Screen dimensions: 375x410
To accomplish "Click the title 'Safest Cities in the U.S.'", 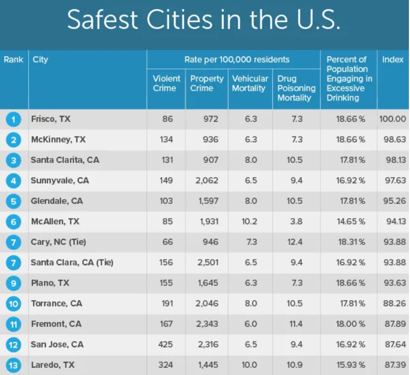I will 204,20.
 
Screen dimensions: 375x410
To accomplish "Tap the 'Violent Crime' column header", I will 166,83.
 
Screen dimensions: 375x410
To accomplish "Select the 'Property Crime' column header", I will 207,83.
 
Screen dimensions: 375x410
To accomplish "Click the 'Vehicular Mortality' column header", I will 250,83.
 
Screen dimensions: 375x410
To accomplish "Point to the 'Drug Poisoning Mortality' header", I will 296,88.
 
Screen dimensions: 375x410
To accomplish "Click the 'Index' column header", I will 393,60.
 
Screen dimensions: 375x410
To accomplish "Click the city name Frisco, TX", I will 51,119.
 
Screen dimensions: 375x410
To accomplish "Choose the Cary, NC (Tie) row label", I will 58,242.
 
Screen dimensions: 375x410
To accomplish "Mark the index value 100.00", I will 393,119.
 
